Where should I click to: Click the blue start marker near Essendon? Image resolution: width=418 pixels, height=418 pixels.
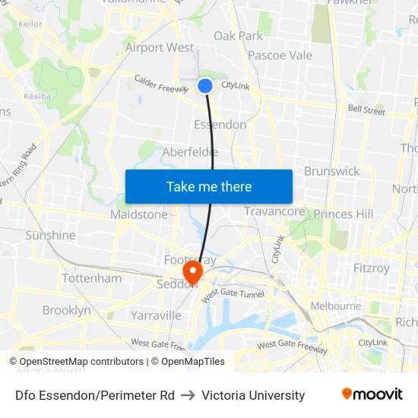click(205, 86)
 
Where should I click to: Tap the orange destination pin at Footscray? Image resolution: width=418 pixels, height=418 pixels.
click(192, 271)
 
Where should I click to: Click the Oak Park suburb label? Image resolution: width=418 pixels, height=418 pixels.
click(238, 36)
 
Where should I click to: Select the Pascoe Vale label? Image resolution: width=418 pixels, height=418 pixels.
click(280, 55)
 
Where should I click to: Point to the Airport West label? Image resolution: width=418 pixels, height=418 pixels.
click(160, 47)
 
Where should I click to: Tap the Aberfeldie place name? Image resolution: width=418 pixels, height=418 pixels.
click(190, 152)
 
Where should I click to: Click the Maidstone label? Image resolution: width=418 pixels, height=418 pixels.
click(138, 214)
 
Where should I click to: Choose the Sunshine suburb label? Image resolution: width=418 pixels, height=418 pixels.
click(50, 235)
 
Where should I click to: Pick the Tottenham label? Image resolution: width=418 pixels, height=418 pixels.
click(91, 278)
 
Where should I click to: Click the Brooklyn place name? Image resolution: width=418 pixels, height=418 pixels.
click(66, 310)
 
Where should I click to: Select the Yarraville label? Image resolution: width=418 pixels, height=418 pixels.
click(155, 315)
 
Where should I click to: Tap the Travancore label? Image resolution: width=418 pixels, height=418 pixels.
click(274, 211)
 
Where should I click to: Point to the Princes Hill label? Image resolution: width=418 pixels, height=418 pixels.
click(343, 214)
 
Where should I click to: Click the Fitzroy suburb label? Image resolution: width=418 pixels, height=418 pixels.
click(371, 268)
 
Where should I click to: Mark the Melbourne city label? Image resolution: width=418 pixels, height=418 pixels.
click(335, 306)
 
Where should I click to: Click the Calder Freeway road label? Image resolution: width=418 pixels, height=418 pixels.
click(160, 84)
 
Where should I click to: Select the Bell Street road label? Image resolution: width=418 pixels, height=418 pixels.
click(366, 110)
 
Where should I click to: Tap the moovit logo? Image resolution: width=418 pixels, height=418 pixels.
click(372, 394)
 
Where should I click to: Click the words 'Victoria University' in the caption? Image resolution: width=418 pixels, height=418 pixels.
click(253, 395)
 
